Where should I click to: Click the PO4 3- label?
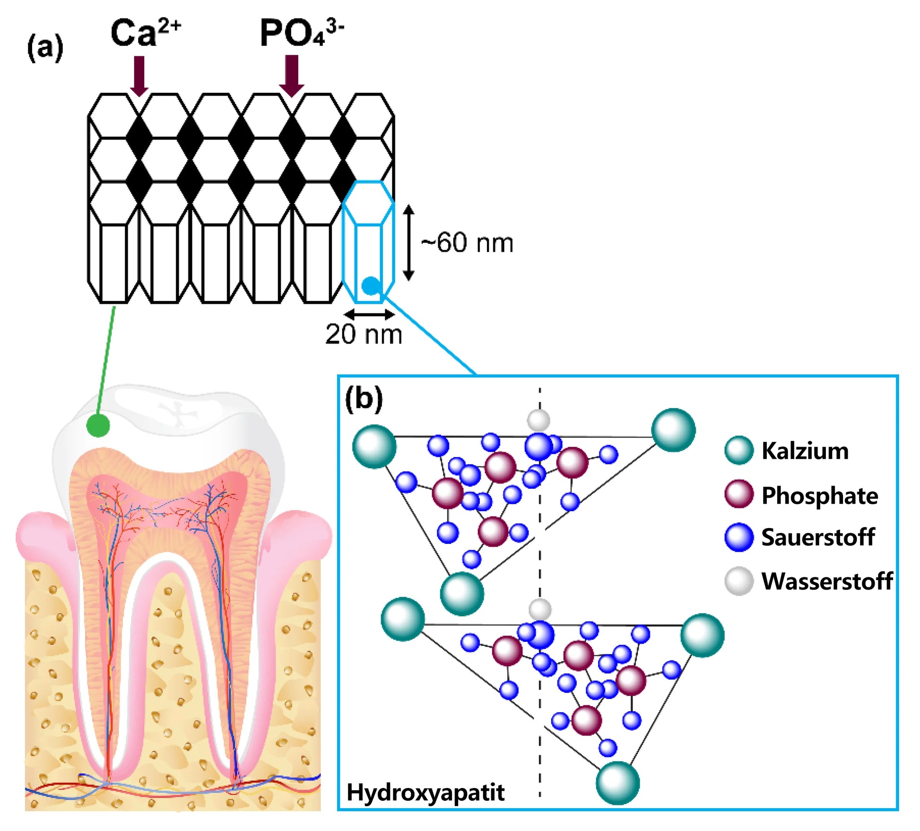tap(301, 33)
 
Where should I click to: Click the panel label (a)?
tap(45, 48)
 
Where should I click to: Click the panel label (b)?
tap(364, 398)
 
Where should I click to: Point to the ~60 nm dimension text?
tap(467, 243)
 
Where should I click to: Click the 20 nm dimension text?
tap(364, 334)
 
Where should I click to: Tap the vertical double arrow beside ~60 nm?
tap(409, 243)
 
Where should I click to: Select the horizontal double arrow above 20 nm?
tap(369, 314)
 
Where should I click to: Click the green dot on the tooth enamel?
tap(98, 425)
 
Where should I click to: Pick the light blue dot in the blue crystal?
tap(371, 285)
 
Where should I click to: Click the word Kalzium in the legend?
tap(805, 451)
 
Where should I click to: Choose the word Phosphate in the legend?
tap(820, 495)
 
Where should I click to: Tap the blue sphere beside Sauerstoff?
tap(738, 537)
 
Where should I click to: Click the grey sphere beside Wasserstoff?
tap(738, 581)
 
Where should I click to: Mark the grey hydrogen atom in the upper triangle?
tap(538, 419)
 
